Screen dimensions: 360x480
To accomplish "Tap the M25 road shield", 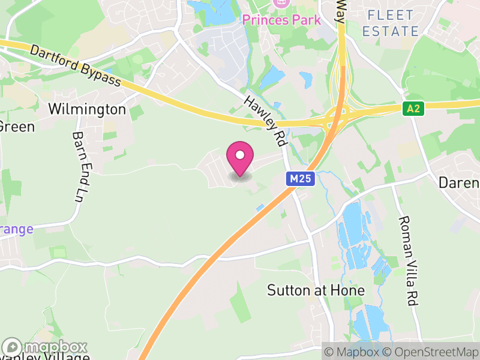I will [300, 179].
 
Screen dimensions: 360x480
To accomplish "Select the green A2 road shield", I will [412, 109].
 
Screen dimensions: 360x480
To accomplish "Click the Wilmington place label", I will [87, 109].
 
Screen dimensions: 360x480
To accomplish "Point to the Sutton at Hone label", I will [316, 290].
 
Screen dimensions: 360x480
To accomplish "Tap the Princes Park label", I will [281, 19].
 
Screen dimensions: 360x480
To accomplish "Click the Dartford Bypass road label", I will [75, 65].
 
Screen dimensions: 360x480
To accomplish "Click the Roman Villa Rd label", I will [408, 262].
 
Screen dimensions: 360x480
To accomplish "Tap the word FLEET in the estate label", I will [391, 15].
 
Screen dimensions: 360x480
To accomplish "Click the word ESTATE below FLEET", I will [391, 31].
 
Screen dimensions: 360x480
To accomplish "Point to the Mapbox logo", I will [45, 347].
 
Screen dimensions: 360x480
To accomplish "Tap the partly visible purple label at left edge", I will [16, 229].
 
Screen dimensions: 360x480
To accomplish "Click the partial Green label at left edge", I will [17, 127].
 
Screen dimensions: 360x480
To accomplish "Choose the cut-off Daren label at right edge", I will [459, 182].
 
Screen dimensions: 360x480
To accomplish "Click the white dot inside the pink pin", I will [240, 155].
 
